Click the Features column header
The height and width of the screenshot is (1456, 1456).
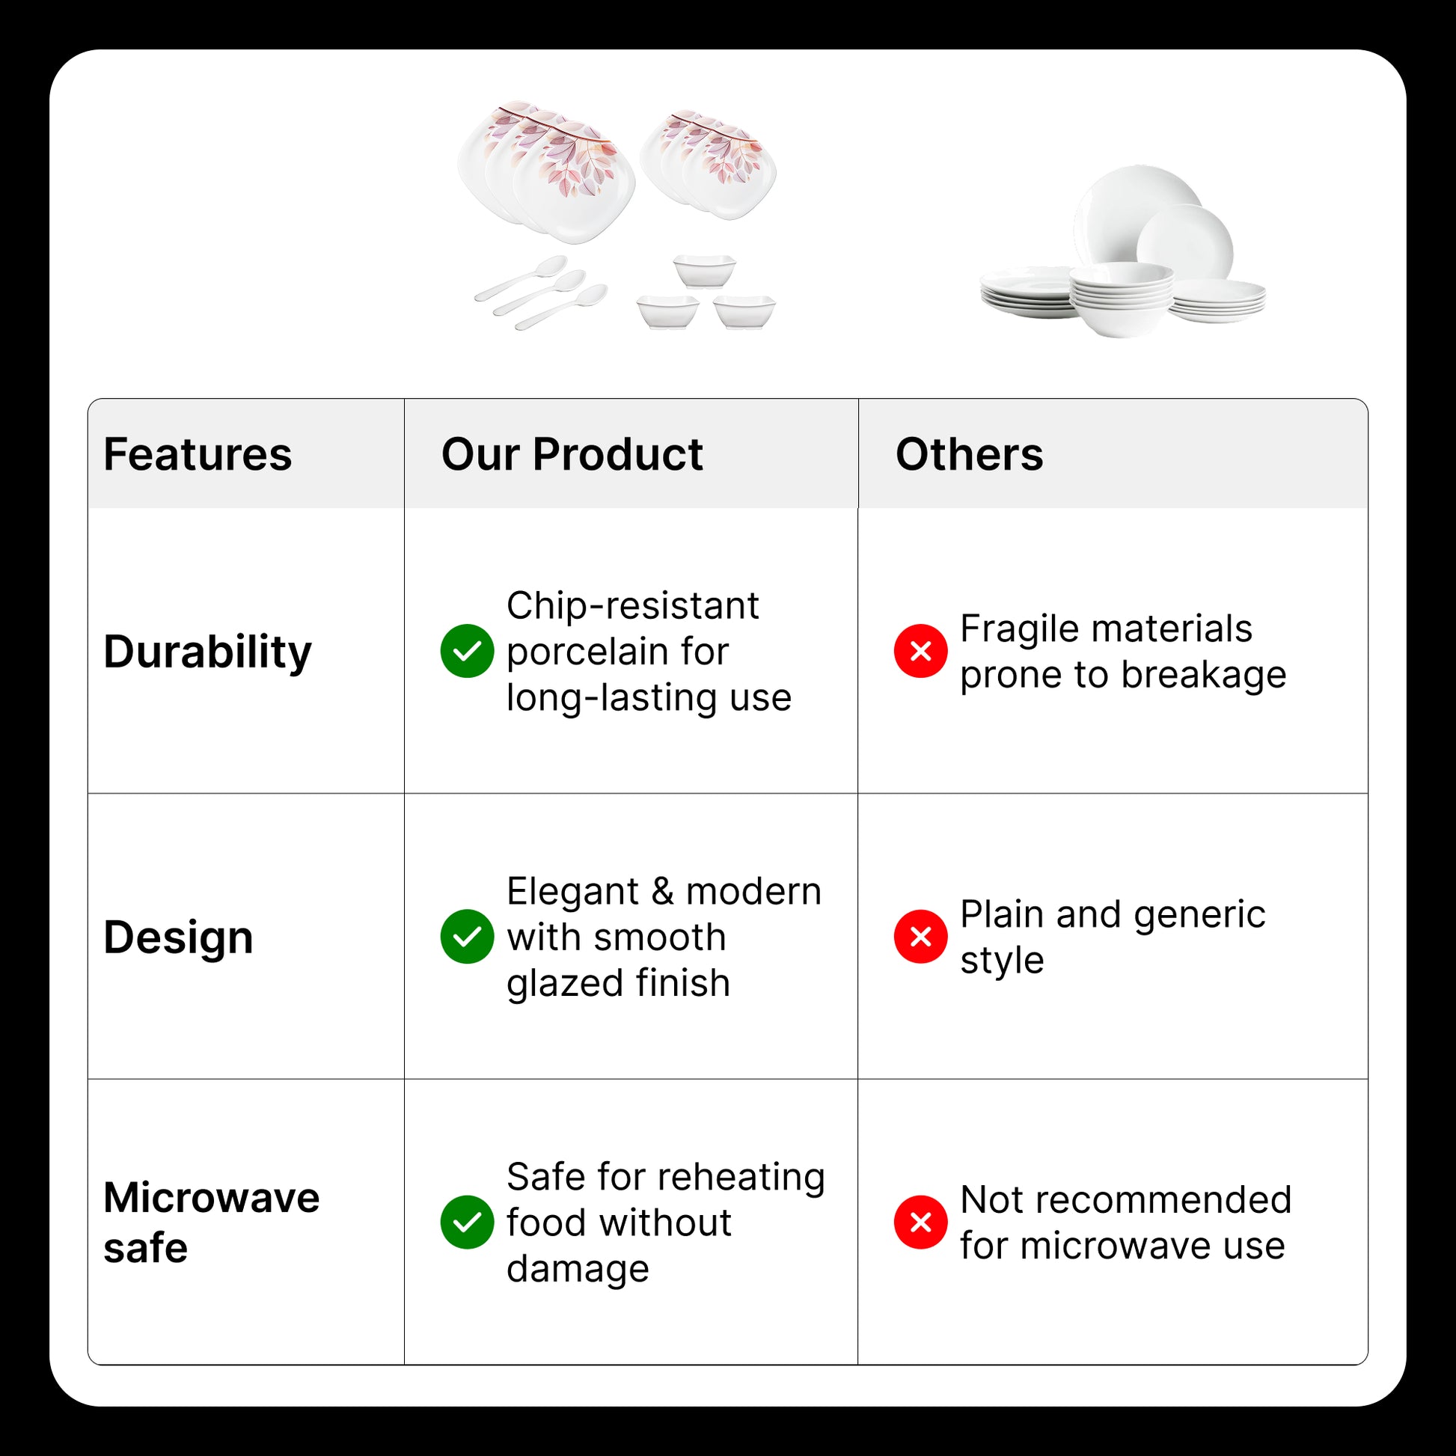click(x=198, y=454)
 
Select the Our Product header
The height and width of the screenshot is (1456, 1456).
click(x=572, y=454)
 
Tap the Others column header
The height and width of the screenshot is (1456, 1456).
click(x=969, y=454)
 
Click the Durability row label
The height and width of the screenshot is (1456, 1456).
click(x=207, y=652)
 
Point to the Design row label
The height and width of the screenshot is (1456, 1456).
click(x=179, y=937)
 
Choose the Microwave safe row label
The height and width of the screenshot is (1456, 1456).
click(x=212, y=1223)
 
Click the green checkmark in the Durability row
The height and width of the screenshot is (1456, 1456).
click(x=467, y=651)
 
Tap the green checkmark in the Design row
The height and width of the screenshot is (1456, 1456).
click(x=467, y=937)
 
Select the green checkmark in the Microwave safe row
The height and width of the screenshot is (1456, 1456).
click(x=467, y=1223)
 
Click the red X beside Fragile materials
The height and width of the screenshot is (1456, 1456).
click(x=921, y=651)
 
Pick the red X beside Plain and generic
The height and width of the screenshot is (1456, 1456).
click(x=921, y=937)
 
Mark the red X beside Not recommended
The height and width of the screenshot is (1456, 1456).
click(x=921, y=1223)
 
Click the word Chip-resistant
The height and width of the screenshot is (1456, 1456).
click(x=633, y=607)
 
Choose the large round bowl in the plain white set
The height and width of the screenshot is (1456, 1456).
click(x=1122, y=299)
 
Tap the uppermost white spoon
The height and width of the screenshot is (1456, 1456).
click(x=521, y=279)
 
